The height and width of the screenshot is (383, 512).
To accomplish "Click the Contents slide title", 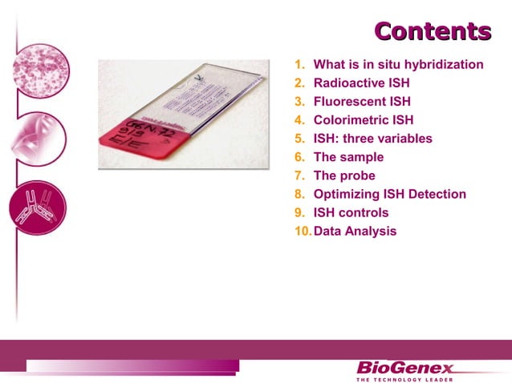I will (x=433, y=31).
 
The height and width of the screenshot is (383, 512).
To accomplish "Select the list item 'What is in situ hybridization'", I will (x=398, y=64).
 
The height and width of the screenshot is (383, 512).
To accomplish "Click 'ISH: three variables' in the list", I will (x=372, y=139).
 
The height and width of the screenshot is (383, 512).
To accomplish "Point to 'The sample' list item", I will (x=348, y=157).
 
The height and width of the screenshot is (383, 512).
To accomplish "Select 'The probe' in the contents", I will (x=344, y=175).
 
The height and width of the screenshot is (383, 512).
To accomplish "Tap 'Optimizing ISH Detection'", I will (x=389, y=194).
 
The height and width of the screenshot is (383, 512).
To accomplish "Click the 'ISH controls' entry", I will (x=351, y=212).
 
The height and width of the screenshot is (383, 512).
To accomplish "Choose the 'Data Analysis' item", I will (x=355, y=232).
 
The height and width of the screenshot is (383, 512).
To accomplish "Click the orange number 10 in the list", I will (x=303, y=232).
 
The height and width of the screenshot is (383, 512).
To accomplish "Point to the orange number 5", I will (x=299, y=139).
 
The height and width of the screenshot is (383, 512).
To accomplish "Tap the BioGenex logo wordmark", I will (x=404, y=369).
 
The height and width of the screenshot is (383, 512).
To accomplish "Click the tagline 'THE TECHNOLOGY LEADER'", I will (x=404, y=380).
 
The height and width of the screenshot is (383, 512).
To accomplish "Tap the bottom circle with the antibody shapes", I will (x=35, y=206).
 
